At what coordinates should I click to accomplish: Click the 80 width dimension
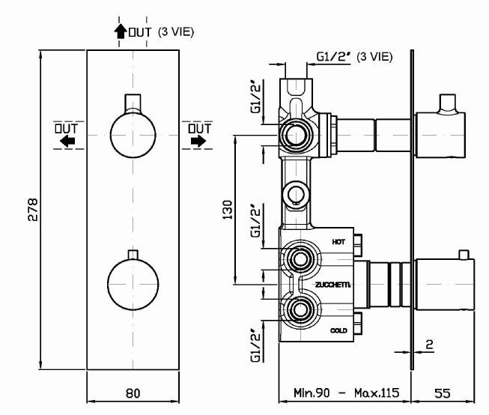(x=133, y=393)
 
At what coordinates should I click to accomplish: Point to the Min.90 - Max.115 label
(x=345, y=393)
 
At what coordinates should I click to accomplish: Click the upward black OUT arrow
(x=119, y=31)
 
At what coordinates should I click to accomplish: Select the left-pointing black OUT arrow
(x=68, y=141)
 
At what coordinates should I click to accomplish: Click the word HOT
(x=338, y=242)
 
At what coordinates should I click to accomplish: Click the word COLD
(x=339, y=330)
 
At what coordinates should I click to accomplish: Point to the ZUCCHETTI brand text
(x=331, y=285)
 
